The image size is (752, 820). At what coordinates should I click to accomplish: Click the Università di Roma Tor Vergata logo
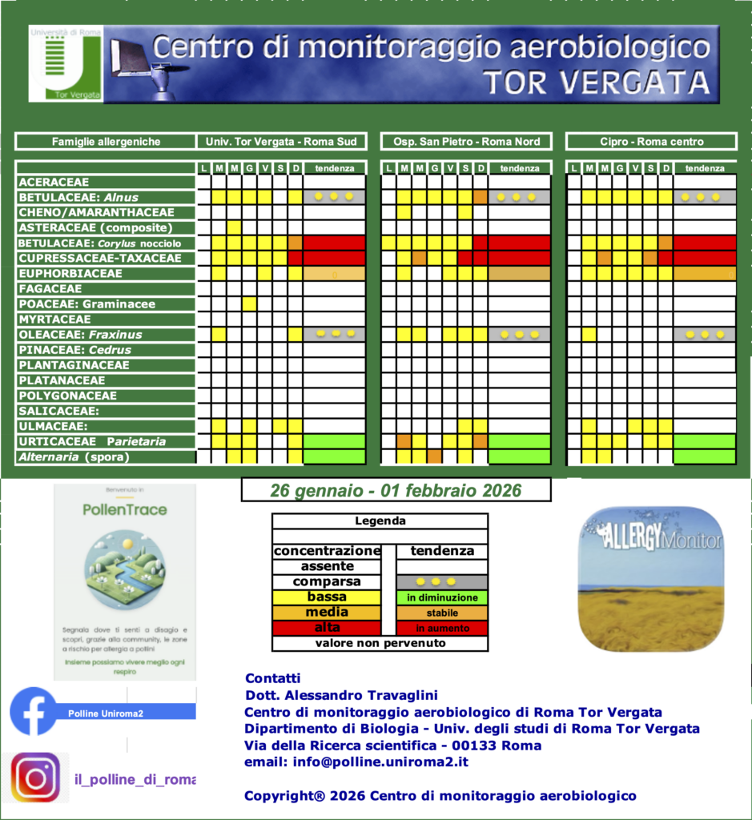pos(66,64)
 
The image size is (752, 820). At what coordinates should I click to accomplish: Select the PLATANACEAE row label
pos(62,380)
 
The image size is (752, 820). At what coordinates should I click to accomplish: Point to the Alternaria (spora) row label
pos(74,457)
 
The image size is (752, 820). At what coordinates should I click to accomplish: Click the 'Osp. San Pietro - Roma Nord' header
pos(466,142)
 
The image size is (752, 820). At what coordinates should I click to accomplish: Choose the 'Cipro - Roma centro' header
pos(651,142)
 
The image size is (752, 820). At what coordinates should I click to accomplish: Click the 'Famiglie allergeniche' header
pos(106,142)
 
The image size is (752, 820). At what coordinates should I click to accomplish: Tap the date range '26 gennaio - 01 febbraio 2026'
pos(396,490)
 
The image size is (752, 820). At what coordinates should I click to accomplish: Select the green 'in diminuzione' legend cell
pos(442,597)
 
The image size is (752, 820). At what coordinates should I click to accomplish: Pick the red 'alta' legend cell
pos(327,628)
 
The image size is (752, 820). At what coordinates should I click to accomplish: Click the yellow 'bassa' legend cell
pos(327,597)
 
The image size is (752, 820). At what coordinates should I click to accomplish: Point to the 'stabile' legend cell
pos(442,613)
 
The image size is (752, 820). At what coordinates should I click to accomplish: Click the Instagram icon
pos(35,778)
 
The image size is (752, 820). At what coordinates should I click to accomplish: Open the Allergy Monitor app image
pos(650,578)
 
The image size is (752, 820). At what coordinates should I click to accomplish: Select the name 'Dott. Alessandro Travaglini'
pos(341,695)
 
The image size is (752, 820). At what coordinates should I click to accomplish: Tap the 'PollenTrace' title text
pos(124,509)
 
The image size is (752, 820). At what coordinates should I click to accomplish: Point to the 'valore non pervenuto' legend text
pos(380,643)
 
